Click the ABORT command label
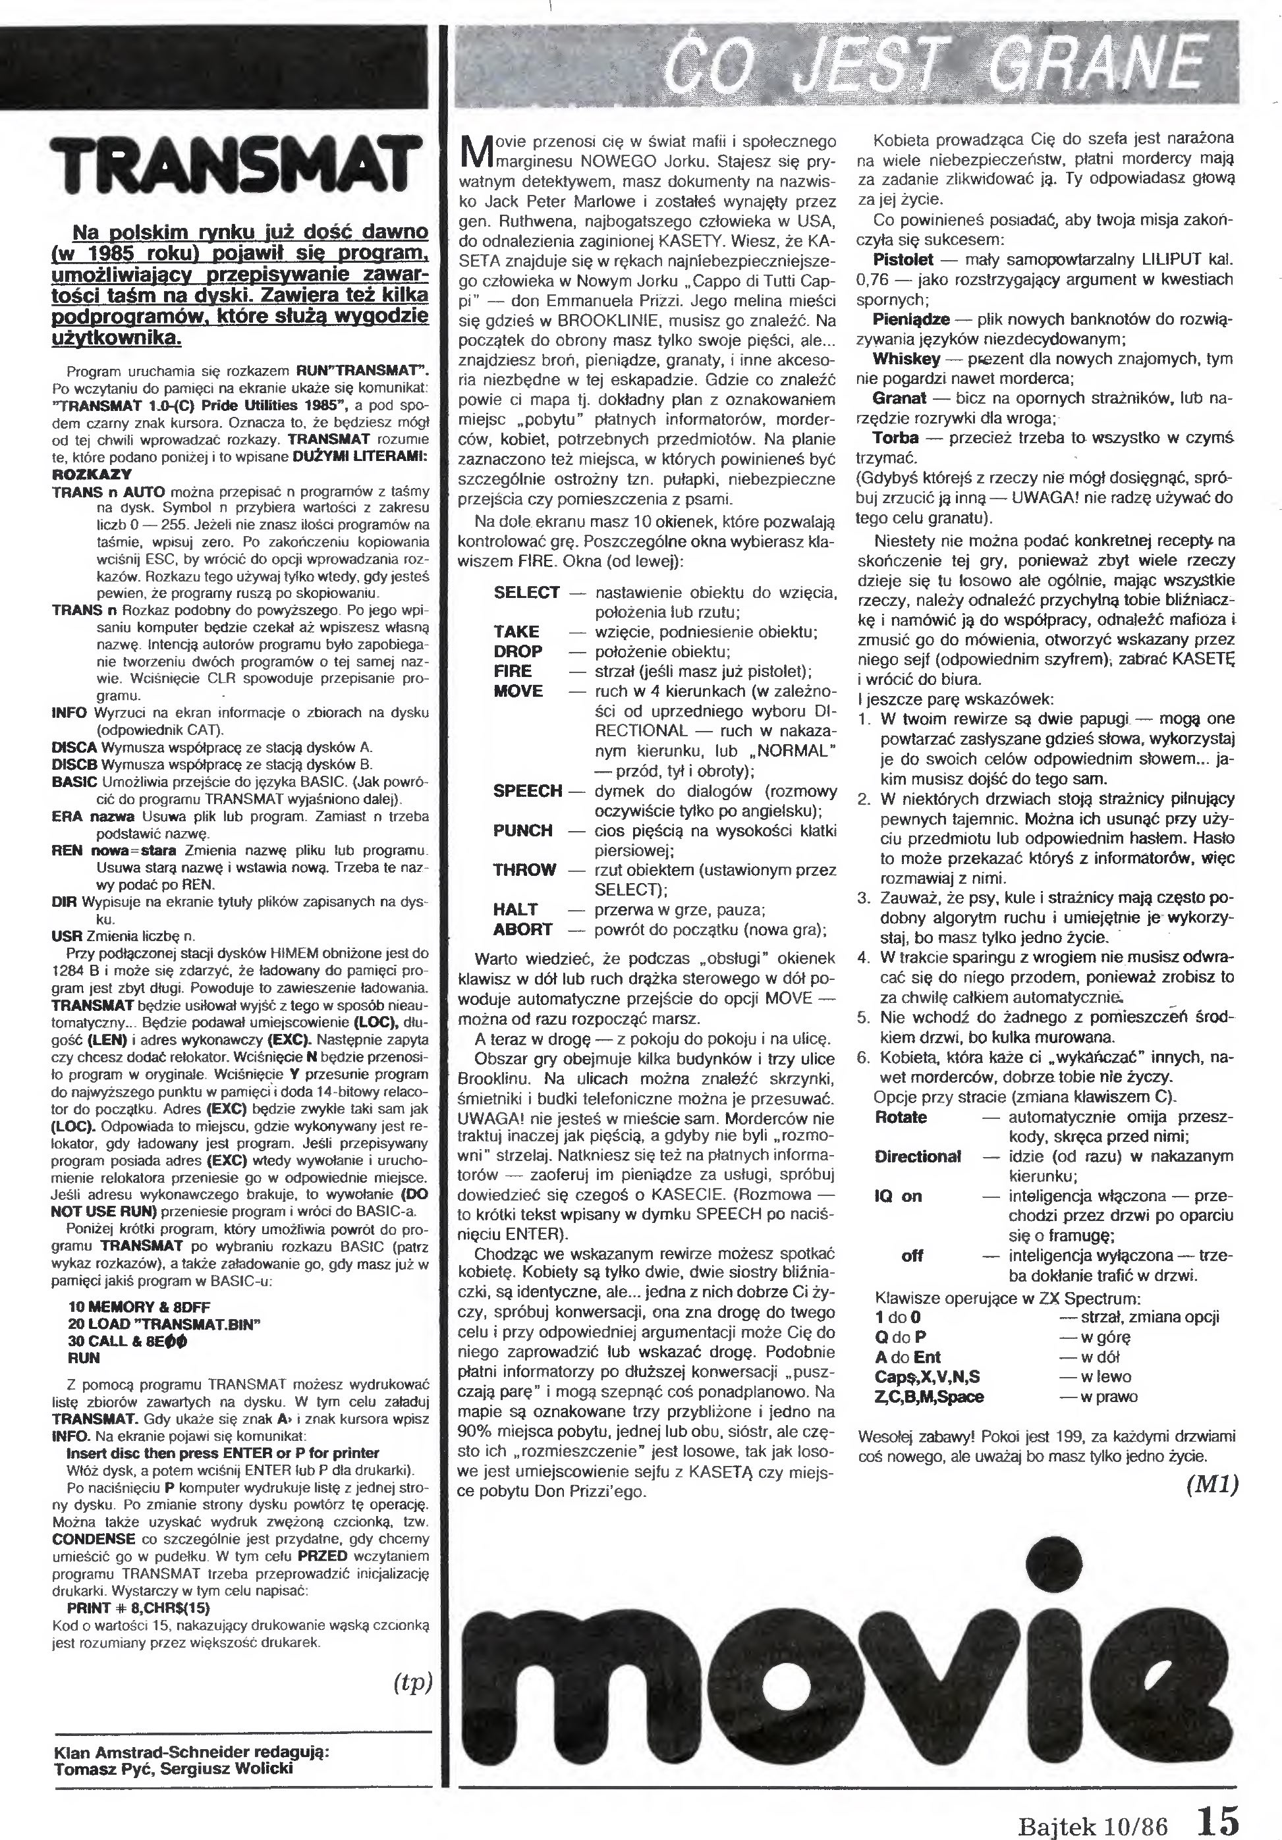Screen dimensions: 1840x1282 [x=522, y=930]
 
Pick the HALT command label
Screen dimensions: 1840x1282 [x=516, y=909]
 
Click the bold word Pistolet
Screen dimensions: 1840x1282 [x=903, y=259]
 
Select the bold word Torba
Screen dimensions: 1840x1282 [x=895, y=437]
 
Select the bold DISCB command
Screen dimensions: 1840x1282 [x=75, y=764]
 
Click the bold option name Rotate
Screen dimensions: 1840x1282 [x=901, y=1117]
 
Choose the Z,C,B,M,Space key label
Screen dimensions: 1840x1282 [x=928, y=1396]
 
